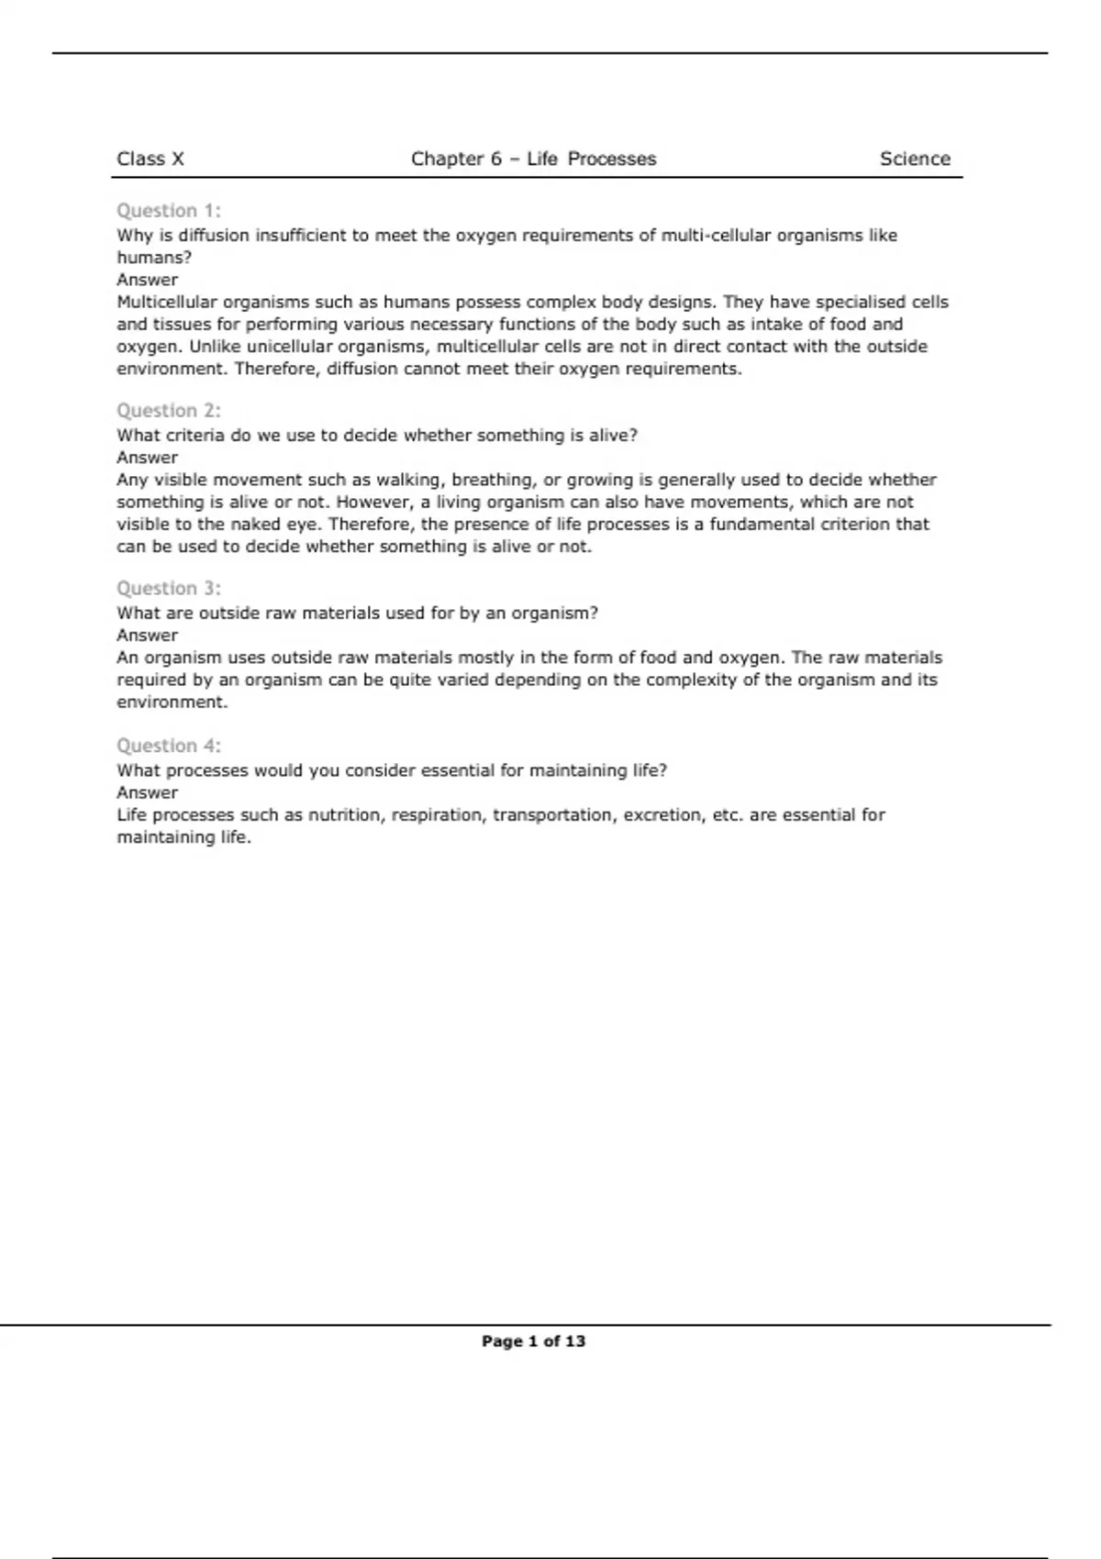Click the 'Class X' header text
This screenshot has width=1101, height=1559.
150,159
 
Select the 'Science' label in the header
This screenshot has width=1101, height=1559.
915,159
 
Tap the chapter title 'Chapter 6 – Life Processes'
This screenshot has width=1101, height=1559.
533,159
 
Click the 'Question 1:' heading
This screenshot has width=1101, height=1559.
169,211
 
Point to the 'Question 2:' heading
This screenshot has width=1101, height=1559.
169,411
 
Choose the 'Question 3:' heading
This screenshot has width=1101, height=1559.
169,589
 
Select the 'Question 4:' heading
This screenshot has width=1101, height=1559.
169,746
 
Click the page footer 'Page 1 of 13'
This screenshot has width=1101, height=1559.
533,1341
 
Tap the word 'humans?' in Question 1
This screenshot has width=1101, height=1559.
154,258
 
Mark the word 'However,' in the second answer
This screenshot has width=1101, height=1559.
375,502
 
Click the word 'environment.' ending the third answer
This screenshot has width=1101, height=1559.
172,702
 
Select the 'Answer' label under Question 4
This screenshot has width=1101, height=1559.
147,792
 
